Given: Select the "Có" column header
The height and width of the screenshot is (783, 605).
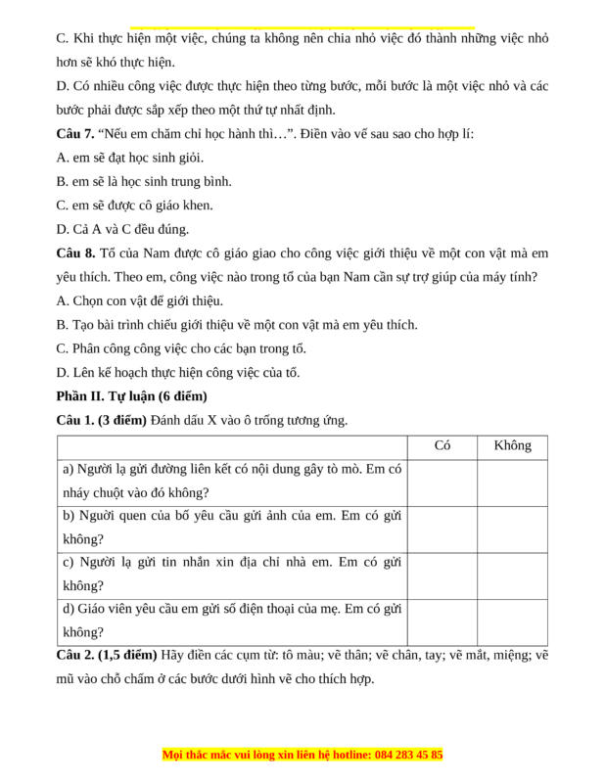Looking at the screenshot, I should tap(442, 446).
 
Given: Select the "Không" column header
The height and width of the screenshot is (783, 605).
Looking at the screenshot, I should tap(512, 446).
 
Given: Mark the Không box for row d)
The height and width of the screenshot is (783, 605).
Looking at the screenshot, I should tap(512, 622).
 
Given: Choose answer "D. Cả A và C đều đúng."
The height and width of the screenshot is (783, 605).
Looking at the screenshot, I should tap(122, 229).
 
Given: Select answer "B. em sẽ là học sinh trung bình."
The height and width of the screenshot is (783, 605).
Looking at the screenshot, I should tap(144, 182).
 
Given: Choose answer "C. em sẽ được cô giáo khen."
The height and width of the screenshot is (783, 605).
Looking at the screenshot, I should tap(135, 206).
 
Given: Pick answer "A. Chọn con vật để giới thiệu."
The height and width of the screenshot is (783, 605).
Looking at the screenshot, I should tap(140, 300).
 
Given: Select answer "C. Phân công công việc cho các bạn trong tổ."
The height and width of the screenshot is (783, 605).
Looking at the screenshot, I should tap(182, 348).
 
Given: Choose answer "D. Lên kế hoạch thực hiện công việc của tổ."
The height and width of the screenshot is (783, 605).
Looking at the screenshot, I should tap(178, 372).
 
